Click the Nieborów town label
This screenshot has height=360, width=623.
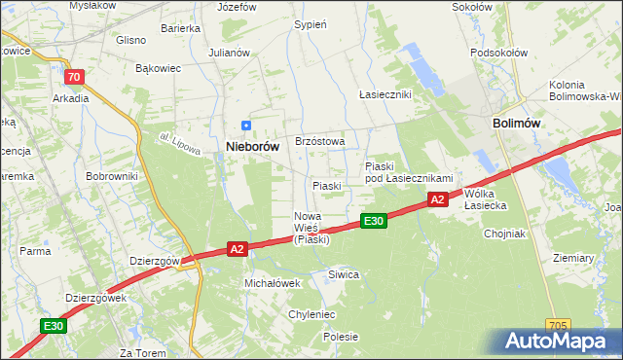[x=252, y=146]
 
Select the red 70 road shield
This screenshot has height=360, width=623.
[x=73, y=75]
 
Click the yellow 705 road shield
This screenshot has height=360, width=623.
[x=557, y=325]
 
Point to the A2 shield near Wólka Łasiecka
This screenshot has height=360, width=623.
[x=437, y=199]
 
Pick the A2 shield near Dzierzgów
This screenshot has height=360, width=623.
[x=237, y=249]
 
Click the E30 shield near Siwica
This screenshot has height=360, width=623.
[x=374, y=222]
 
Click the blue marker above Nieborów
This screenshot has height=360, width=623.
[x=246, y=126]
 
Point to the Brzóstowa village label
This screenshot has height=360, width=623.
[x=313, y=141]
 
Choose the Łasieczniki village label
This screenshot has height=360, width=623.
[x=385, y=94]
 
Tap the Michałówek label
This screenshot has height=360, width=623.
[x=272, y=282]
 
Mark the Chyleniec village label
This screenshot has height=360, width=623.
[x=311, y=314]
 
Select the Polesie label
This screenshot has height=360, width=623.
[x=341, y=337]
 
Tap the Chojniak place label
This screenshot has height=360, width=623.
[x=504, y=234]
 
